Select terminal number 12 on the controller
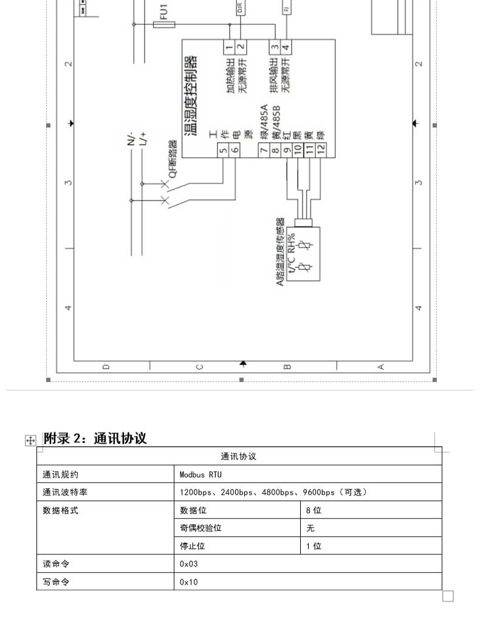[321, 148]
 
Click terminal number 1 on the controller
[229, 47]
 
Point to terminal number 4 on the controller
[286, 47]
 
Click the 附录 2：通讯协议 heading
[95, 438]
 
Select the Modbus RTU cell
[197, 474]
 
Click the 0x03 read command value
[188, 564]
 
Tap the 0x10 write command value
[188, 582]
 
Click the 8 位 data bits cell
[314, 510]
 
